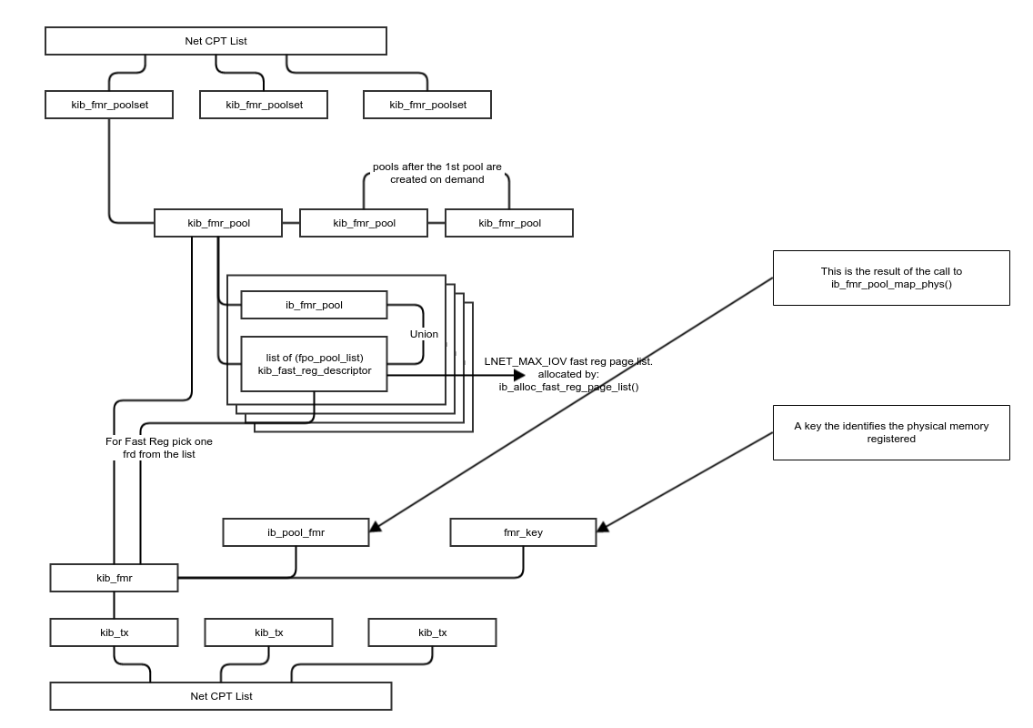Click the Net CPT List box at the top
[216, 41]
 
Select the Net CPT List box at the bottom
[221, 696]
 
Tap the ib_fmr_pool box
[314, 305]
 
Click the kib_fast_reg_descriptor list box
[314, 364]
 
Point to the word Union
[424, 334]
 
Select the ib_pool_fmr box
[296, 532]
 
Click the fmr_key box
[523, 532]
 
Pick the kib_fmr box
[114, 578]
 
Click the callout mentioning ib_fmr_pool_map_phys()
[890, 278]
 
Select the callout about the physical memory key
[890, 432]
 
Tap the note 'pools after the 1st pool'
[436, 173]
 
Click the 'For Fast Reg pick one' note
[159, 447]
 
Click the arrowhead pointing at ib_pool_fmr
[375, 526]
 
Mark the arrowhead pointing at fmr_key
[602, 526]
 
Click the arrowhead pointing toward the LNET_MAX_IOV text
[519, 375]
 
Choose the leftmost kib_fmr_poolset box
[109, 105]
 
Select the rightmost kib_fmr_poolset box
[427, 105]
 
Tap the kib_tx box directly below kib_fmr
[114, 632]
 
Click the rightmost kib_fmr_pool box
[509, 223]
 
